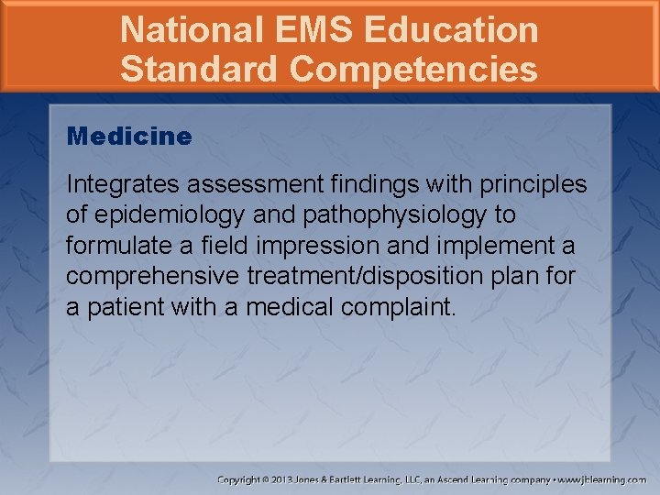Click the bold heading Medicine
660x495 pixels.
pyautogui.click(x=129, y=137)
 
